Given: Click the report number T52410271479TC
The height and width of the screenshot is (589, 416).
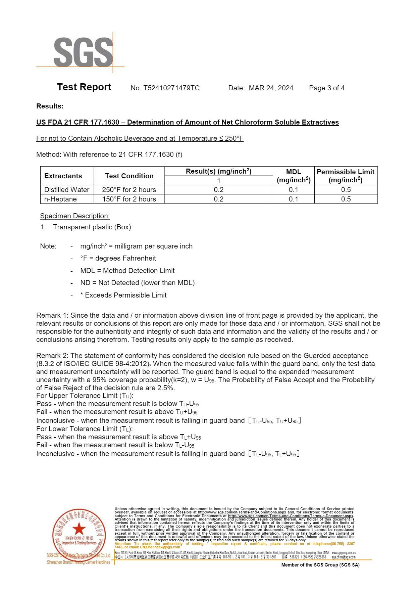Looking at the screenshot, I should (171, 88).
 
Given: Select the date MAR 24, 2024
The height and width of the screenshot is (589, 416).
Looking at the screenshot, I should (271, 88).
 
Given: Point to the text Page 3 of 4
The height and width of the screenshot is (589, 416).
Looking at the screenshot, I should (326, 88).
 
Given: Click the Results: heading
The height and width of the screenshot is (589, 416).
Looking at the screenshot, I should (50, 106).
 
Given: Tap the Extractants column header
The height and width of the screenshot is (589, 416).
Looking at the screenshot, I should (63, 176).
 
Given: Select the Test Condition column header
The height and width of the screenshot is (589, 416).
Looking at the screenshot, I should (129, 176).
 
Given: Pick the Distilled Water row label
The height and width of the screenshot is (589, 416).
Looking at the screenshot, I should (67, 190).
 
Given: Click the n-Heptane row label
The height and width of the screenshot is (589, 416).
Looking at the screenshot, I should (60, 199).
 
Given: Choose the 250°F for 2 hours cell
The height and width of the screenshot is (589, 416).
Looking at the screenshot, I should (129, 190).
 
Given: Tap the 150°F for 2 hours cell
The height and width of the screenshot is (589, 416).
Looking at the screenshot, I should (129, 199).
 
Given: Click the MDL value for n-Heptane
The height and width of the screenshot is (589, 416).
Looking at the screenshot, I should (293, 199).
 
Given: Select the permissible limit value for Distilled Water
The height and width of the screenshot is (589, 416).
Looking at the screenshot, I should (346, 190).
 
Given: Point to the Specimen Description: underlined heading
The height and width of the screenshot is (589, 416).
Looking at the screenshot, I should (75, 216).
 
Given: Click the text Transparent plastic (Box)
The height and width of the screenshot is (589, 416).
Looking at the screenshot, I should (92, 227).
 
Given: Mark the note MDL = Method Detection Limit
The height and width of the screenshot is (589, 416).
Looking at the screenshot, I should (127, 271).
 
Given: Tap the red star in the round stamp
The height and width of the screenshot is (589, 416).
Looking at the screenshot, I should (79, 529).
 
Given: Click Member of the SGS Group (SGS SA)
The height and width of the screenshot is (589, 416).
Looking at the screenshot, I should (320, 565).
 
